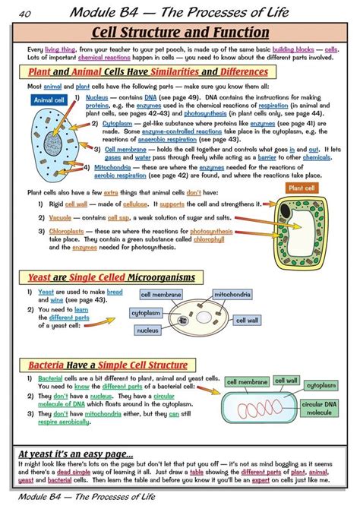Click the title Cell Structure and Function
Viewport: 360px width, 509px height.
[180, 33]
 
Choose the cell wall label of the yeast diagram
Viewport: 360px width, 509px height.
[248, 321]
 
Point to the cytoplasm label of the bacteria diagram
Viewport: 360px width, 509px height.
[322, 385]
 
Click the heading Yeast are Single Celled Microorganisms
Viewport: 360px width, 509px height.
[112, 277]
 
